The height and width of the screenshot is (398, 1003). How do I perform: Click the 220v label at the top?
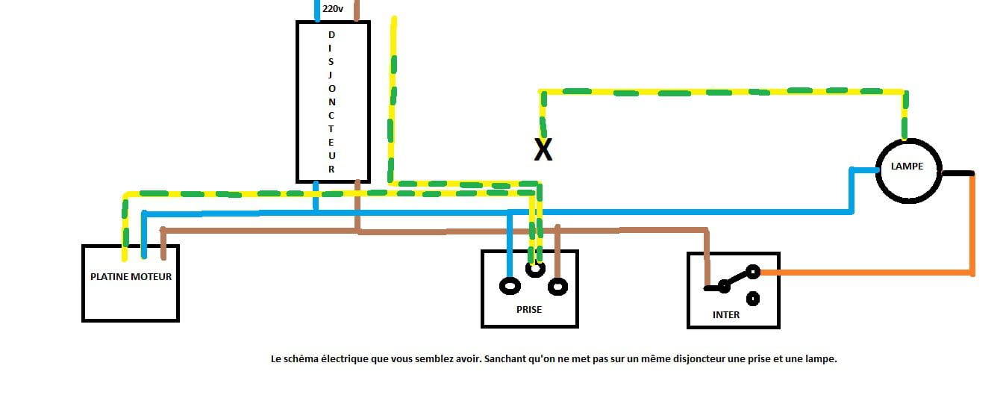coord(333,10)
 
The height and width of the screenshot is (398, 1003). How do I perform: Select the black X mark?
coord(543,150)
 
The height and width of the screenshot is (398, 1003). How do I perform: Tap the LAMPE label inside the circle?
coord(907,167)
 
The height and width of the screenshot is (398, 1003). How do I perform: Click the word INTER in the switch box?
coord(726,314)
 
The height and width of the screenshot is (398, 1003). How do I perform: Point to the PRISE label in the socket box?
coord(529,309)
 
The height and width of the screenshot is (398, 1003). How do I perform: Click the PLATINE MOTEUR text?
coord(131,276)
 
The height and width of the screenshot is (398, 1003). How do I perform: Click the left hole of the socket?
coord(510,286)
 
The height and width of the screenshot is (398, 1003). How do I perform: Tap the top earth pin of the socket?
coord(534,270)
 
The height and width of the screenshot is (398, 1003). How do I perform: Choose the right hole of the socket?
coord(557,286)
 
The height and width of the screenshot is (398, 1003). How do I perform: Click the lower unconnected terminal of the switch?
coord(753,299)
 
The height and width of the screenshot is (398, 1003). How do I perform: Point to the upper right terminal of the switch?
coord(753,272)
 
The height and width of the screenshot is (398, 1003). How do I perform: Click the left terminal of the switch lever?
coord(722,286)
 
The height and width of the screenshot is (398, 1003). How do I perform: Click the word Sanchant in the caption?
coord(507,359)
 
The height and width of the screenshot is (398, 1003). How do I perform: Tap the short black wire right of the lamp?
coord(958,173)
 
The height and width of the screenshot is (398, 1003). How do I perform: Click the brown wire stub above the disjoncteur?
coord(357,10)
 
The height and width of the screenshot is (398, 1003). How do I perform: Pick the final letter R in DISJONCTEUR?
coord(332,169)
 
